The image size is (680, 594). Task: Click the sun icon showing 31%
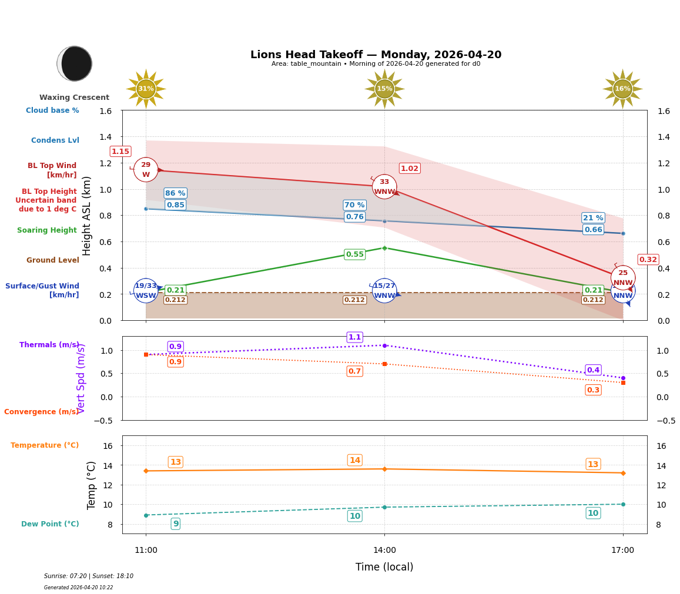click(x=146, y=89)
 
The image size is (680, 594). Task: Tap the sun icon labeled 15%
click(x=384, y=89)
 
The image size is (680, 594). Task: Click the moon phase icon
click(x=75, y=63)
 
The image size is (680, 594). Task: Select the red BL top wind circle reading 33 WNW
click(x=384, y=187)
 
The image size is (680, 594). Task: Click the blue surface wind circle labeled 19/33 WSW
click(x=146, y=290)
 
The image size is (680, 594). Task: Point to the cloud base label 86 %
click(x=175, y=193)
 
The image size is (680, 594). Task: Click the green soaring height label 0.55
click(x=354, y=254)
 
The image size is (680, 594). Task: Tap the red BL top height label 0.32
click(x=648, y=260)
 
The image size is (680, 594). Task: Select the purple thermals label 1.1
click(x=354, y=337)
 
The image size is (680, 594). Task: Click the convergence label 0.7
click(x=354, y=371)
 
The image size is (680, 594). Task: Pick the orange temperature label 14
click(x=354, y=460)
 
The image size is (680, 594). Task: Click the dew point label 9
click(x=175, y=523)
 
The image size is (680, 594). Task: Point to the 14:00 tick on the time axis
click(x=384, y=550)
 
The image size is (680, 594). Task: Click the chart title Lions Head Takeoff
click(x=376, y=55)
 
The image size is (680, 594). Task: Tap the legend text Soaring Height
click(x=47, y=230)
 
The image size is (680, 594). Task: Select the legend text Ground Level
click(x=52, y=260)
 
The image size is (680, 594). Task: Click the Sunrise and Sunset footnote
click(x=88, y=576)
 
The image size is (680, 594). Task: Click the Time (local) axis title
click(x=384, y=567)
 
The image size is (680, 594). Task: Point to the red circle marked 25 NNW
click(x=623, y=277)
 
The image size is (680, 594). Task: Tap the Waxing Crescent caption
click(x=74, y=98)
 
